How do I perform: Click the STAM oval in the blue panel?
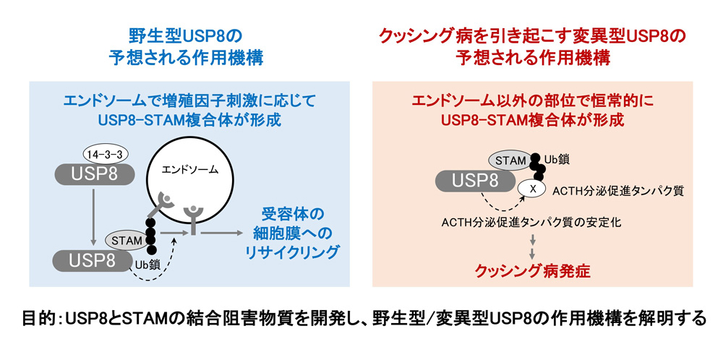[x=125, y=238]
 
